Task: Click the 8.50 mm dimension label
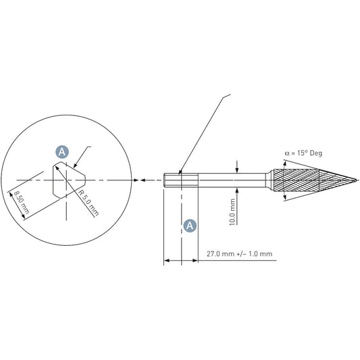(x=22, y=203)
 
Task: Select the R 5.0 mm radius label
(x=88, y=203)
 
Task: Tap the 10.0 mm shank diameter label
(x=232, y=212)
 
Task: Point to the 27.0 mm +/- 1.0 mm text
(x=240, y=254)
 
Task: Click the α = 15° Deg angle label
(x=303, y=153)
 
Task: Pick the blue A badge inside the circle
(x=62, y=152)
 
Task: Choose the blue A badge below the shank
(x=190, y=226)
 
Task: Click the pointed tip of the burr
(x=357, y=180)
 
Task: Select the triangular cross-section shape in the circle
(x=69, y=180)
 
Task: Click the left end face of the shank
(x=164, y=180)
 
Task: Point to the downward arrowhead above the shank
(x=237, y=170)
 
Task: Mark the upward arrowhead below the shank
(x=237, y=190)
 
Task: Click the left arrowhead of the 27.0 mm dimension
(x=167, y=260)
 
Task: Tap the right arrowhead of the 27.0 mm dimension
(x=195, y=260)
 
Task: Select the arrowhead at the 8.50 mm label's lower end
(x=23, y=216)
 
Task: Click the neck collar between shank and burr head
(x=269, y=180)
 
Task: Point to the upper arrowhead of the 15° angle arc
(x=285, y=164)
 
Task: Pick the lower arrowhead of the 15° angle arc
(x=285, y=197)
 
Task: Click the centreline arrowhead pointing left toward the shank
(x=143, y=180)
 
